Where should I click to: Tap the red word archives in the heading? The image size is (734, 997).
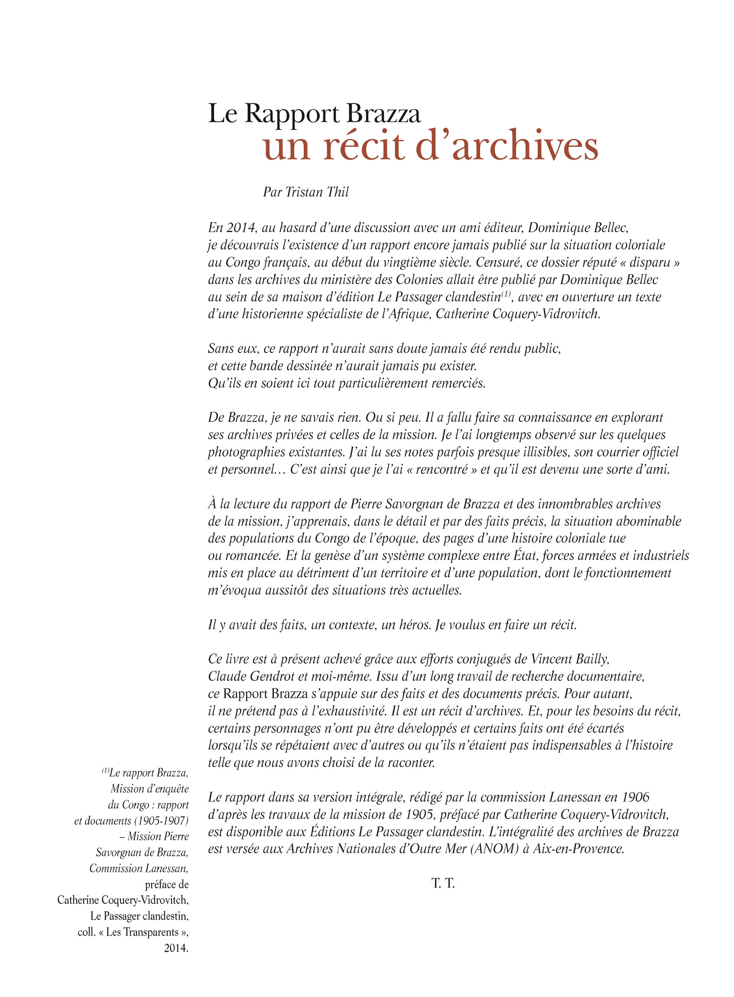525,146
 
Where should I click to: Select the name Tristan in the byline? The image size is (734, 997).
304,192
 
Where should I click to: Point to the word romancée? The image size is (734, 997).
250,556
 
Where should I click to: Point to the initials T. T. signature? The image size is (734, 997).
443,884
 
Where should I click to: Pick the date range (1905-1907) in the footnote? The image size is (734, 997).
161,821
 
